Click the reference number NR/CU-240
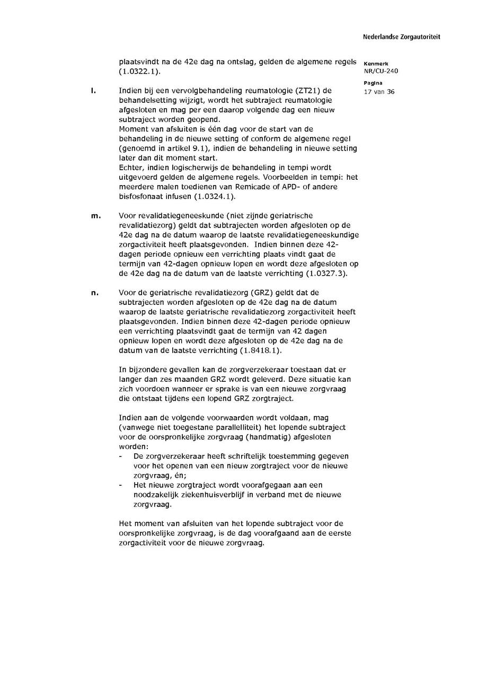pos(381,71)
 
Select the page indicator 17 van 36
pos(379,92)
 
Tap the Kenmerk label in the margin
pos(376,64)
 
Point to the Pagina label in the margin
pos(373,84)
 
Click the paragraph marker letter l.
pos(93,91)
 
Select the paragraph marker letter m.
pos(95,216)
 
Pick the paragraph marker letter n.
pos(95,293)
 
